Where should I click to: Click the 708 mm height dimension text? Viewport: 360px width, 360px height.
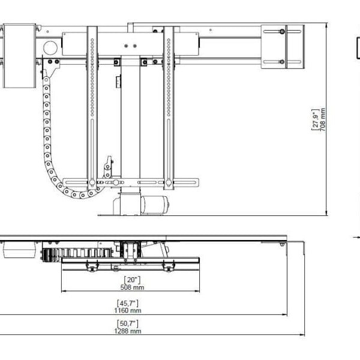(x=323, y=119)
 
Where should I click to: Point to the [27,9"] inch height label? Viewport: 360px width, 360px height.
(x=314, y=119)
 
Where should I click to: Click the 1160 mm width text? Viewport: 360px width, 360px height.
(x=128, y=310)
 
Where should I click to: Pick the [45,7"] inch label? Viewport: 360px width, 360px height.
(x=128, y=303)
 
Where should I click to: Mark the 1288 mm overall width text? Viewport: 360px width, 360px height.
(x=128, y=331)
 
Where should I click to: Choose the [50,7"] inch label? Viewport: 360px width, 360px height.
(x=128, y=323)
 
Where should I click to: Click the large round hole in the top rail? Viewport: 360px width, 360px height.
(x=50, y=47)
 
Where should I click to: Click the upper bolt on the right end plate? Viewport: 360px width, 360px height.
(x=281, y=31)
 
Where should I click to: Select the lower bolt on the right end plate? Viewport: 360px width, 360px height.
(x=281, y=61)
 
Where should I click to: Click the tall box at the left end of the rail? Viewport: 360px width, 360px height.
(x=19, y=55)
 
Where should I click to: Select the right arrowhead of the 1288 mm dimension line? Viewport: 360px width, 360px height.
(x=304, y=335)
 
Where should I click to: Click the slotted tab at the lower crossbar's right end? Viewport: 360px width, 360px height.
(x=192, y=182)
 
